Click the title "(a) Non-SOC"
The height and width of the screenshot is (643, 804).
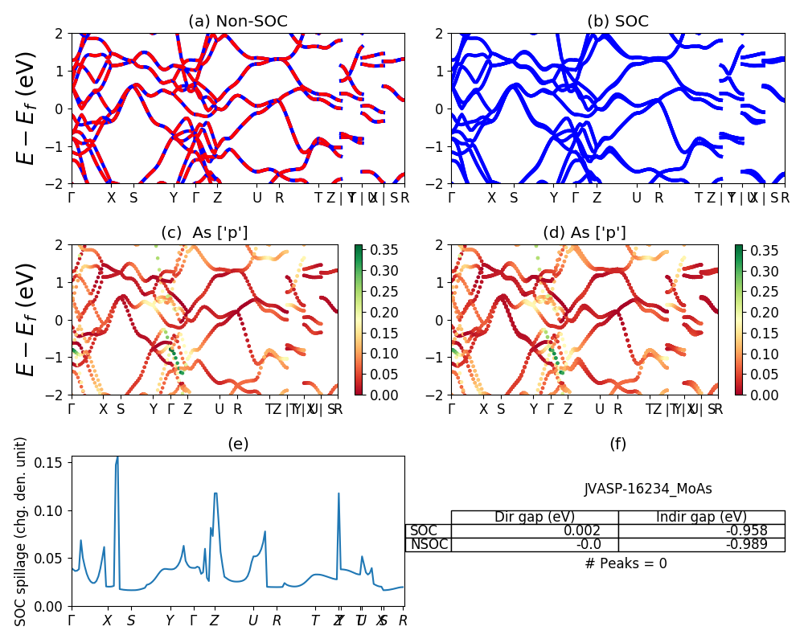click(x=237, y=22)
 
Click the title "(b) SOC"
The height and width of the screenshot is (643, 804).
click(x=617, y=22)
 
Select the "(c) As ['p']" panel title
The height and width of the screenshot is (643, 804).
click(x=204, y=232)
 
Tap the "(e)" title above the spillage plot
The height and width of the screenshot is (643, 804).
click(x=237, y=444)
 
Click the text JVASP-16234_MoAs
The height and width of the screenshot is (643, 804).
click(x=647, y=489)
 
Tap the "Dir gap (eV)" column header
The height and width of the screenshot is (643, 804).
click(x=534, y=517)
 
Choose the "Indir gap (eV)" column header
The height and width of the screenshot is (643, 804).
click(x=701, y=517)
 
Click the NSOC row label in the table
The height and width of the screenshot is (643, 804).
click(x=428, y=545)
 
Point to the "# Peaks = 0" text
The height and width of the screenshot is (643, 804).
click(x=626, y=563)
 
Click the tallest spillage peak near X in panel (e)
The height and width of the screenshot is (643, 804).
click(x=117, y=458)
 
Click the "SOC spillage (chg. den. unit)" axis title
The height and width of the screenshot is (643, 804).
click(x=22, y=531)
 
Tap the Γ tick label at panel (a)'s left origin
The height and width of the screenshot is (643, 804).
click(x=72, y=198)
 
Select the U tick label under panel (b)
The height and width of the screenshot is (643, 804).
click(x=636, y=198)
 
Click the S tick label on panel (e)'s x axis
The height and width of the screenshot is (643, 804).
click(x=131, y=620)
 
